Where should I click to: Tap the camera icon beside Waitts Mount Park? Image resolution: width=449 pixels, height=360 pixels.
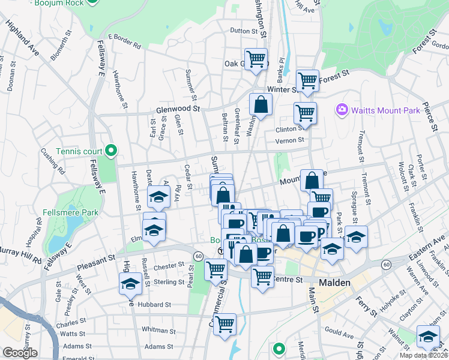(x=342, y=109)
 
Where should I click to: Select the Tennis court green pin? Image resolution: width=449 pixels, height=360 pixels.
(x=110, y=150)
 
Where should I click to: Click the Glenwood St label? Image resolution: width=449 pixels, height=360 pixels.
(x=178, y=109)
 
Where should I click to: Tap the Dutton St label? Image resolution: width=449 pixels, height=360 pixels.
(x=243, y=30)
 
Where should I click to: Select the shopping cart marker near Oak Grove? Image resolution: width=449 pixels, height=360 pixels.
(x=256, y=59)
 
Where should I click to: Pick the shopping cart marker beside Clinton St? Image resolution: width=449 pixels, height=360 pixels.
(x=305, y=112)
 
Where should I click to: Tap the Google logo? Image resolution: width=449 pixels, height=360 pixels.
(x=20, y=353)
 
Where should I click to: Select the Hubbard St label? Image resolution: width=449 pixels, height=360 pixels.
(x=155, y=304)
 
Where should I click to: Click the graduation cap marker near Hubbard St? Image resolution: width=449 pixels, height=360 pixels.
(x=130, y=284)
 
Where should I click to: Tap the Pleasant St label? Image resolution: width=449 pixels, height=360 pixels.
(x=95, y=260)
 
